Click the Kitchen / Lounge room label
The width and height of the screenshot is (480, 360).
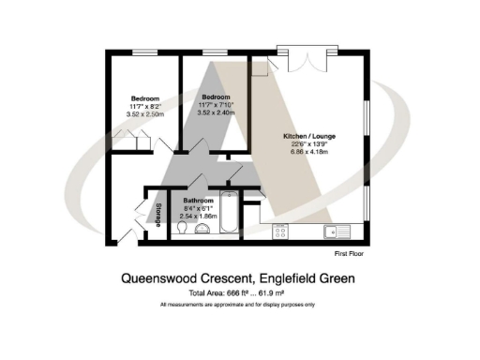pyautogui.click(x=309, y=136)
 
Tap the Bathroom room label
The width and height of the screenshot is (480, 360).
pyautogui.click(x=198, y=200)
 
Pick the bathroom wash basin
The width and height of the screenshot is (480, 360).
pyautogui.click(x=202, y=232)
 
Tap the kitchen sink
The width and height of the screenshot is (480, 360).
pyautogui.click(x=332, y=231)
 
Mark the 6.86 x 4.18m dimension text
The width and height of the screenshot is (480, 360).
pyautogui.click(x=309, y=150)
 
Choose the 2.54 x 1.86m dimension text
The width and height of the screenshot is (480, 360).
pyautogui.click(x=198, y=215)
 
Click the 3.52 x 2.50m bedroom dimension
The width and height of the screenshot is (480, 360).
pyautogui.click(x=144, y=113)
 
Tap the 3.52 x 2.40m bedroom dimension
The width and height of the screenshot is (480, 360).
pyautogui.click(x=217, y=113)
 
